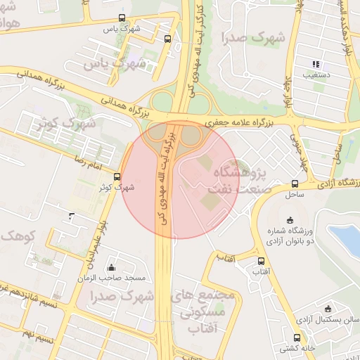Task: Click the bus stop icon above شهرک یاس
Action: [122, 18]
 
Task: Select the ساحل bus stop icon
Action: [295, 184]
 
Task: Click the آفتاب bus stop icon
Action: [261, 261]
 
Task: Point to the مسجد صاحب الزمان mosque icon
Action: [111, 267]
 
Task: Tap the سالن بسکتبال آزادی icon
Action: [328, 309]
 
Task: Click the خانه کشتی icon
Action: [297, 337]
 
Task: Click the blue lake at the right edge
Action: [347, 239]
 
